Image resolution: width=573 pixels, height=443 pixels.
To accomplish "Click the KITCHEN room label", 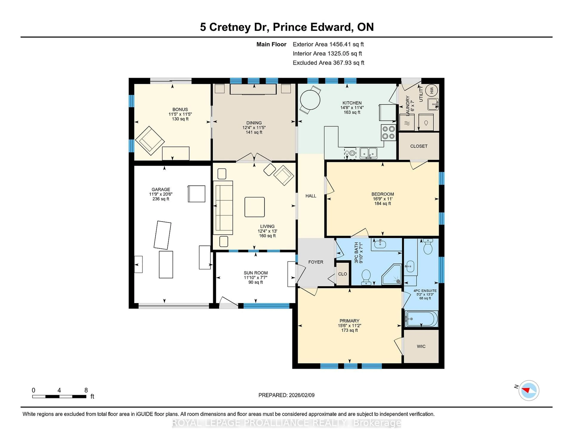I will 352,103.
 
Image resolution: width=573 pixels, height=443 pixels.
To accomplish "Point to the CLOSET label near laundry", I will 419,146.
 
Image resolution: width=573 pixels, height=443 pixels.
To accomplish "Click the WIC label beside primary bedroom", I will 421,346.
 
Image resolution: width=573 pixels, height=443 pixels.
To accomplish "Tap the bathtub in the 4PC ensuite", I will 422,319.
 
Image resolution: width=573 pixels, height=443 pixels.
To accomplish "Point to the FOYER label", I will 316,262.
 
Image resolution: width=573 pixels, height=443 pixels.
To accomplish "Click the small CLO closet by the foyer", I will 342,274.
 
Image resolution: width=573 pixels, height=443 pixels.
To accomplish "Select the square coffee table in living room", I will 254,207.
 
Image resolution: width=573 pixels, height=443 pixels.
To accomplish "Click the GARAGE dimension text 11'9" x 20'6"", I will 161,194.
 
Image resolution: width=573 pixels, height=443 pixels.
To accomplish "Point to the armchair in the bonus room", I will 150,140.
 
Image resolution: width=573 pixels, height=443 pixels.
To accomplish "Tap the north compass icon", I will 529,390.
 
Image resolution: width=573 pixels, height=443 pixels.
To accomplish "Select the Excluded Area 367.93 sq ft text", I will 328,63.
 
